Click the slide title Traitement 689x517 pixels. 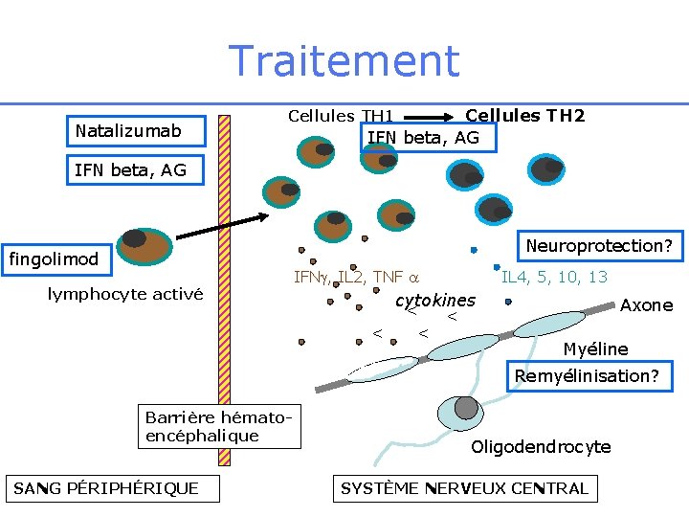[x=344, y=61]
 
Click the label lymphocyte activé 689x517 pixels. [x=125, y=294]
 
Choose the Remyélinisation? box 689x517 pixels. [x=587, y=375]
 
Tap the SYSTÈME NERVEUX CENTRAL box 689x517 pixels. [x=464, y=488]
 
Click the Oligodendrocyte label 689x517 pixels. [x=541, y=447]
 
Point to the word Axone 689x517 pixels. [x=646, y=305]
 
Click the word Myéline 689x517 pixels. [x=595, y=349]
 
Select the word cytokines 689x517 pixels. [x=435, y=300]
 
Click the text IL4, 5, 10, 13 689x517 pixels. [x=555, y=278]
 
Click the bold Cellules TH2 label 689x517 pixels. [x=524, y=116]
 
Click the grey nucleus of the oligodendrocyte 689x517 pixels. [x=466, y=407]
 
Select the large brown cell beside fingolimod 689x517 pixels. [x=144, y=246]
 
